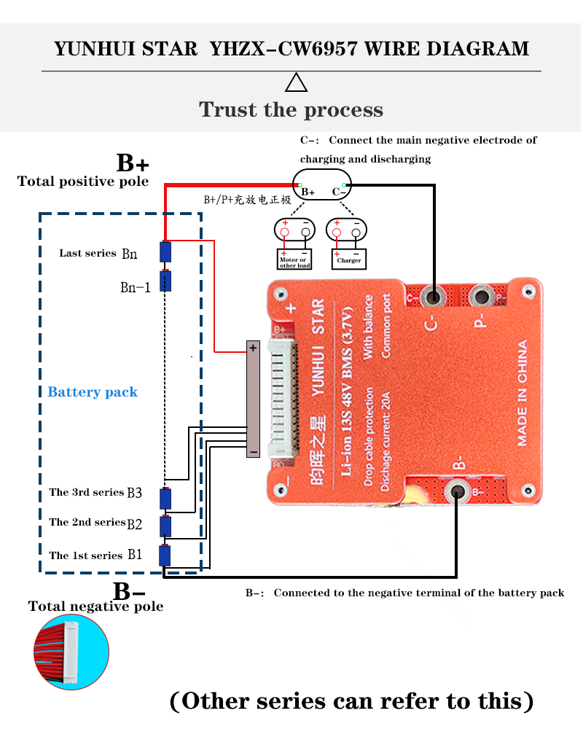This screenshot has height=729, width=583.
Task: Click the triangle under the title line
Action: [296, 84]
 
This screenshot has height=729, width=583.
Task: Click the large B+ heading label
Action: [133, 163]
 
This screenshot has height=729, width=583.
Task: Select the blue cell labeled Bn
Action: [166, 252]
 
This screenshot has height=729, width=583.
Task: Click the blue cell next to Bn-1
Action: [166, 281]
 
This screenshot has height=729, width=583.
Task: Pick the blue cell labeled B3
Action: [166, 498]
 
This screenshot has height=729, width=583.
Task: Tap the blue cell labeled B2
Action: [166, 526]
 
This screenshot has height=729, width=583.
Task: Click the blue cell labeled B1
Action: [166, 556]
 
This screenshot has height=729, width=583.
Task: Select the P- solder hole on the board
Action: [480, 297]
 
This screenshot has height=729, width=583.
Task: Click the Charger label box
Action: [348, 260]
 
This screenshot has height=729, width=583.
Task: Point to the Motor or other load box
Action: [294, 262]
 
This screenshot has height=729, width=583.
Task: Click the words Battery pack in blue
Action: [93, 392]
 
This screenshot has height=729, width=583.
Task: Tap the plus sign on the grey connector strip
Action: [253, 348]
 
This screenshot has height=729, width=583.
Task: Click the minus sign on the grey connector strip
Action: [253, 452]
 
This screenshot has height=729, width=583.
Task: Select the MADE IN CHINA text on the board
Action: [523, 393]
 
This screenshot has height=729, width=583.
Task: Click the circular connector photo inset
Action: [71, 651]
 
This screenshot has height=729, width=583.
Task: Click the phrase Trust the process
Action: [291, 110]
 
